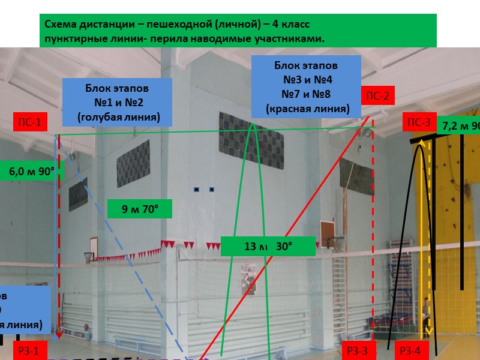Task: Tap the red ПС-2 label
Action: point(378,95)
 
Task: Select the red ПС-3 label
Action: point(419,123)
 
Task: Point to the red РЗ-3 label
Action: point(358,352)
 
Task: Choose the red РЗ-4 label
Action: point(413,352)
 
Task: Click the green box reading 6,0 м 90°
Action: point(31,171)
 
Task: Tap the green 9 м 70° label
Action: point(140,209)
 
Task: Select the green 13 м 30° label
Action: point(268,246)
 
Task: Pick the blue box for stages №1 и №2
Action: point(118,102)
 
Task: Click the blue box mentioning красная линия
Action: point(307,86)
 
